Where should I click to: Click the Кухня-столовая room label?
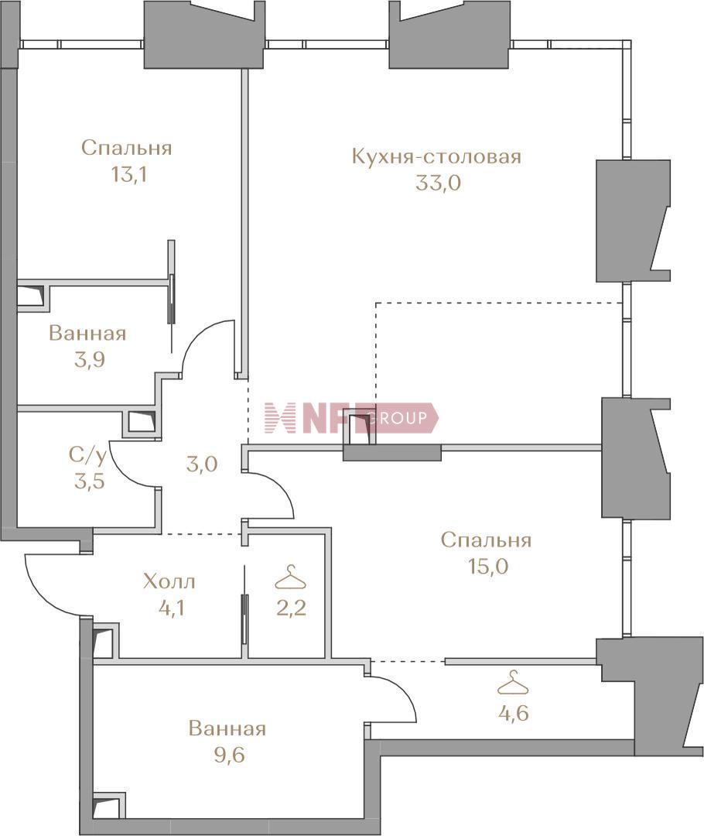[x=436, y=156]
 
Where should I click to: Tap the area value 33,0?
[x=438, y=183]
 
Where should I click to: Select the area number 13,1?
[x=128, y=174]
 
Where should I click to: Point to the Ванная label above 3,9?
[x=87, y=333]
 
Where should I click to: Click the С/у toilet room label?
[x=88, y=455]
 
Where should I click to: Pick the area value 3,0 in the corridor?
[x=202, y=464]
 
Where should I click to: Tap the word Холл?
[x=169, y=581]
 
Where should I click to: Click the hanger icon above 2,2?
[x=290, y=577]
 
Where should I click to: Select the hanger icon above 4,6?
[x=513, y=683]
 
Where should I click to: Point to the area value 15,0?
[x=488, y=566]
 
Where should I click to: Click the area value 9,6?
[x=230, y=755]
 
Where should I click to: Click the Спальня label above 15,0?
[x=486, y=540]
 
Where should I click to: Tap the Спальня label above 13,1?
[x=127, y=148]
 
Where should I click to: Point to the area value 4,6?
[x=513, y=713]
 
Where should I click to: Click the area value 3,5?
[x=90, y=481]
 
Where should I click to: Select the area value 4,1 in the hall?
[x=172, y=608]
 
